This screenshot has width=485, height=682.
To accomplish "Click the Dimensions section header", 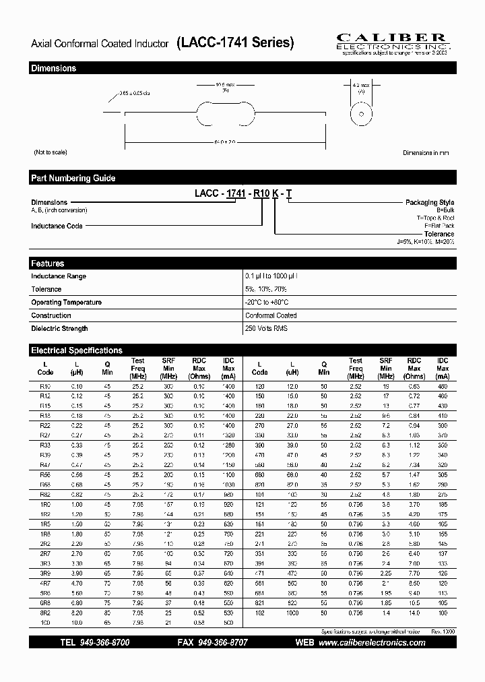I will pos(54,68).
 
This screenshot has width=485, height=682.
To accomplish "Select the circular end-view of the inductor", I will pos(360,115).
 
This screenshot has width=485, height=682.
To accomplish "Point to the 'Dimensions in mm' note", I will pos(426,153).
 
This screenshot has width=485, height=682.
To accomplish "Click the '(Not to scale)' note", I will pos(51,152).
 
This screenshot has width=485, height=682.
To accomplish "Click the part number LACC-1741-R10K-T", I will pos(243,194).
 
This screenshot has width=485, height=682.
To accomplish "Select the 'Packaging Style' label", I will pos(429,202).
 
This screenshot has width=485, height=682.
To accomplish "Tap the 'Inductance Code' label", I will pos(57,226).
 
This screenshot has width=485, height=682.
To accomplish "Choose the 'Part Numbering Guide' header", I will pos(73,178).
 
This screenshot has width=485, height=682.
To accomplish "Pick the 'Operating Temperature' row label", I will pos(67,302).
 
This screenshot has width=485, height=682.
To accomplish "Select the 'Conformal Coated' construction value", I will pos(271,315).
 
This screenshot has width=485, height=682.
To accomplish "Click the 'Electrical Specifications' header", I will pos(77,350).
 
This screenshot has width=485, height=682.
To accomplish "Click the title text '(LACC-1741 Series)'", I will pos(235,43).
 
